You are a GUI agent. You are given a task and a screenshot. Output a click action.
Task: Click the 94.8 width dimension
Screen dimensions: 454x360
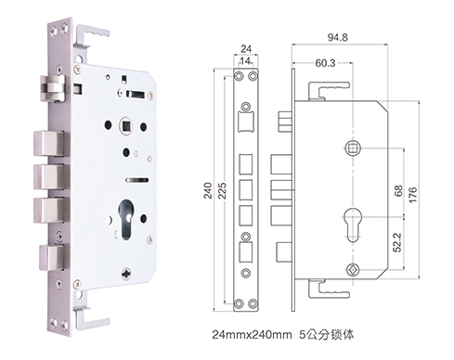click(x=338, y=37)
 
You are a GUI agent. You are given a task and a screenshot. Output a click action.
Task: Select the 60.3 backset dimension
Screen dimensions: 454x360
click(x=325, y=63)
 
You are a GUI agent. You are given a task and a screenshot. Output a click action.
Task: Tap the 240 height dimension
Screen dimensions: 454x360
click(x=208, y=190)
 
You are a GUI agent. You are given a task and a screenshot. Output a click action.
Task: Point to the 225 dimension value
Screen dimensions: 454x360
click(x=222, y=190)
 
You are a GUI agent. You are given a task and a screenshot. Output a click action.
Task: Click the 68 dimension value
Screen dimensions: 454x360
click(x=399, y=191)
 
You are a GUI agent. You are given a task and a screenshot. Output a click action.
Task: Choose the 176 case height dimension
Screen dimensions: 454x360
click(x=413, y=195)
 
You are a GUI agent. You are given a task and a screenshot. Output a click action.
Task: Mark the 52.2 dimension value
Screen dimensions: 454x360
click(x=398, y=243)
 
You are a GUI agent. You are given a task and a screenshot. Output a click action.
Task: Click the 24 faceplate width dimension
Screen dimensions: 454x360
click(x=246, y=49)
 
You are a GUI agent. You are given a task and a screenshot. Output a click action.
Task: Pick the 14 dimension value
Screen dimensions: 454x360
click(x=245, y=61)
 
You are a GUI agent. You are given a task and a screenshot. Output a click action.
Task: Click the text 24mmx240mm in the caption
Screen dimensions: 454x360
click(x=252, y=335)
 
